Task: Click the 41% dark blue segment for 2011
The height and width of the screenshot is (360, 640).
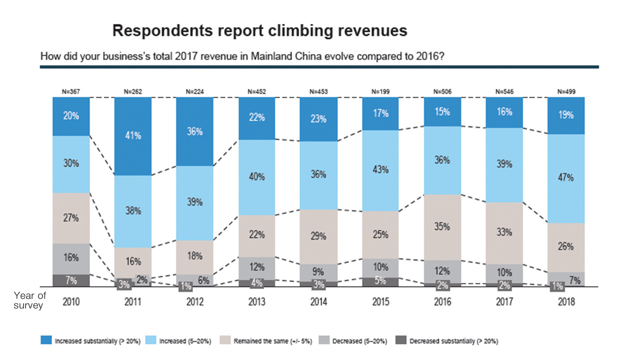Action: (x=132, y=136)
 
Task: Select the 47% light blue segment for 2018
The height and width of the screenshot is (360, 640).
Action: (x=566, y=178)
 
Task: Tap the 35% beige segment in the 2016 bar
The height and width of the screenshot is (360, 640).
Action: (x=442, y=227)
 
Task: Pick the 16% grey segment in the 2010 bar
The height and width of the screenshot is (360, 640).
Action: (x=71, y=258)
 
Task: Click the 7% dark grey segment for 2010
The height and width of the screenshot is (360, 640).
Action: (x=71, y=280)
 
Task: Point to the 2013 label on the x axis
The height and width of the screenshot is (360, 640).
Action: (x=256, y=302)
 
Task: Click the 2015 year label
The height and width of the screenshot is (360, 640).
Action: (x=380, y=302)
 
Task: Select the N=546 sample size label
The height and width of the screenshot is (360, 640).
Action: (x=504, y=91)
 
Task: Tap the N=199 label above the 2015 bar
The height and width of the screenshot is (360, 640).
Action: (x=380, y=91)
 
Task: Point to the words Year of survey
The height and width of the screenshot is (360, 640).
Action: (x=29, y=300)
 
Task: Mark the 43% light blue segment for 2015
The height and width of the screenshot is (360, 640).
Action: (x=380, y=170)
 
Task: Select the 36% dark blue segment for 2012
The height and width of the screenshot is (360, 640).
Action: (x=194, y=131)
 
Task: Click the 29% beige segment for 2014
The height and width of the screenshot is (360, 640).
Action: (x=318, y=236)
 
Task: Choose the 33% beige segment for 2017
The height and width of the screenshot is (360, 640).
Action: (x=504, y=233)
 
